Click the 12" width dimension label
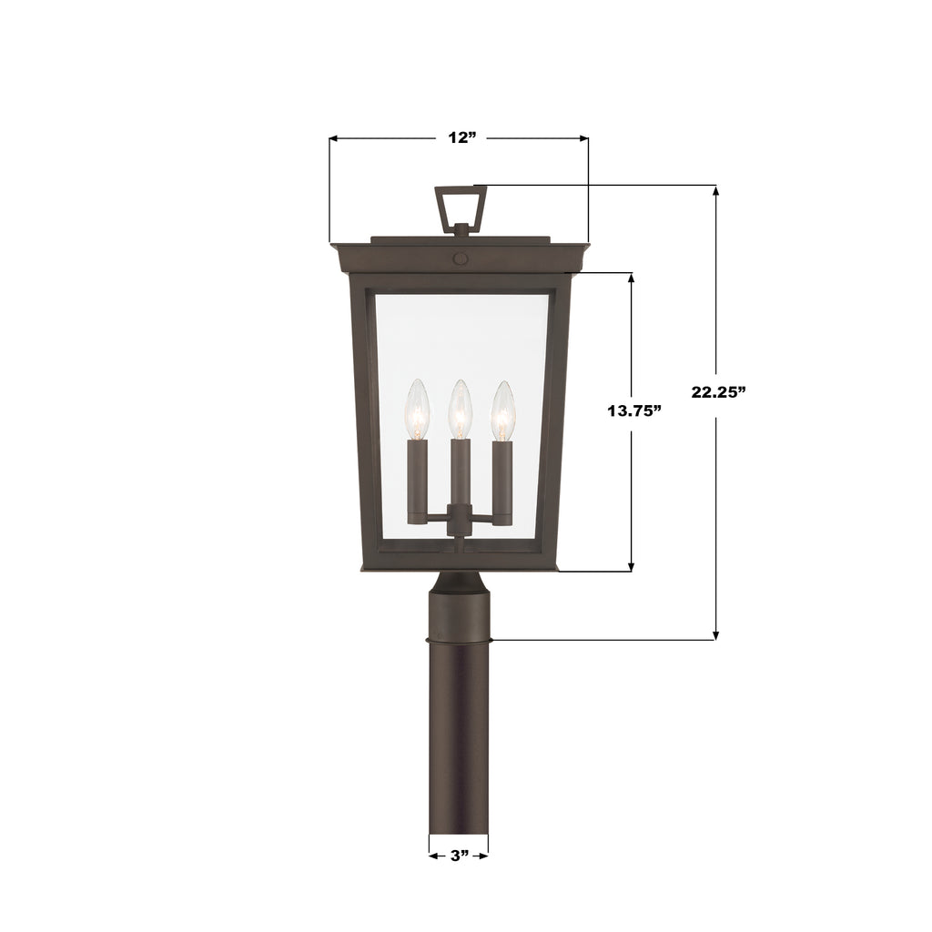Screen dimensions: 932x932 (x=462, y=138)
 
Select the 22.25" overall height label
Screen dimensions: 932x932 (x=718, y=392)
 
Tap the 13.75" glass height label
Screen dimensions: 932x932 (x=633, y=410)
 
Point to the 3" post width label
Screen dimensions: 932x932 (x=459, y=856)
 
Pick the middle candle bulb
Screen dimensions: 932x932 (x=461, y=410)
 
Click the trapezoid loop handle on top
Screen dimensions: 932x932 (x=460, y=208)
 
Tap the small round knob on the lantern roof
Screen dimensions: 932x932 (x=460, y=258)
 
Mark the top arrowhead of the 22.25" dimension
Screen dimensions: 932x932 (x=716, y=191)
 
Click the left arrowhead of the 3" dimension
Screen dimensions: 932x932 (x=433, y=856)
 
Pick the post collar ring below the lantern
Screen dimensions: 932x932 (x=459, y=640)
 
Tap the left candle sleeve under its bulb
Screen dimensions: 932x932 (x=418, y=478)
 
